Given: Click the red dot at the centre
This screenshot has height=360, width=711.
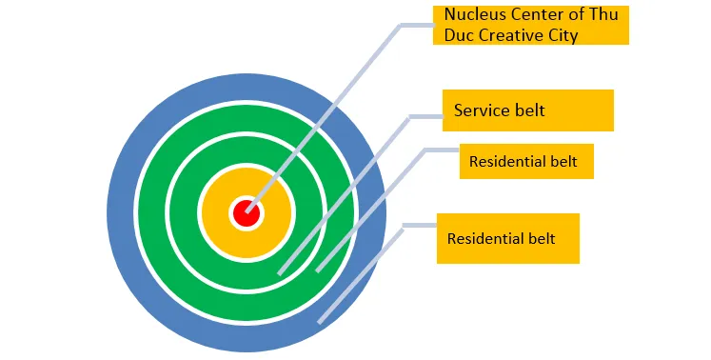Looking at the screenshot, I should tap(247, 213).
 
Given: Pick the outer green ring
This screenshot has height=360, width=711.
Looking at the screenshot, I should tap(152, 213).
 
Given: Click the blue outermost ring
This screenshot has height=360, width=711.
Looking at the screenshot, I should tap(123, 213).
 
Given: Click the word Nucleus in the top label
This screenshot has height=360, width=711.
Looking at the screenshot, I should tap(475, 16).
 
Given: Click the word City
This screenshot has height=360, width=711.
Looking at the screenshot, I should tap(563, 35).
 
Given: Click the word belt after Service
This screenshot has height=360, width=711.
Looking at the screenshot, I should tap(528, 110).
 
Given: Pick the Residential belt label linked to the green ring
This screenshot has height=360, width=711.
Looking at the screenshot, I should tap(523, 161).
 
